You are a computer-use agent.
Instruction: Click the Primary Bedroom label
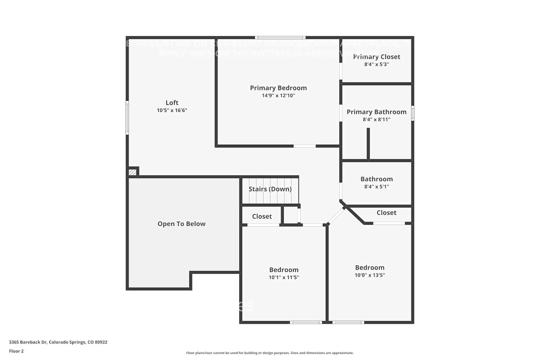pos(278,88)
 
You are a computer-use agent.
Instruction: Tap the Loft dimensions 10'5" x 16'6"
pos(172,111)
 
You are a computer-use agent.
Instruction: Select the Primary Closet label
pos(377,57)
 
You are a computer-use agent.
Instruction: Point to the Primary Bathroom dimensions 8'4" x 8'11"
pos(377,120)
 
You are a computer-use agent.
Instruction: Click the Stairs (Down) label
pos(270,189)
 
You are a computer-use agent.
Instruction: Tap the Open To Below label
pos(181,224)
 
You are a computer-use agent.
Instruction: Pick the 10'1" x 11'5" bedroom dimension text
pos(284,278)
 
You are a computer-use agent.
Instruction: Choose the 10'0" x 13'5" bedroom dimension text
pos(370,275)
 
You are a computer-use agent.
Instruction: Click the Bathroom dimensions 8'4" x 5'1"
pos(377,187)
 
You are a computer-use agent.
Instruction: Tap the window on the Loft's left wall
pos(127,118)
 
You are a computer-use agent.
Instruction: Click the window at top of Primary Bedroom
pos(280,37)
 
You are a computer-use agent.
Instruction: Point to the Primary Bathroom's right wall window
pos(413,113)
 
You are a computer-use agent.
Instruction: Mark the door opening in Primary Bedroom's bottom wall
pos(305,146)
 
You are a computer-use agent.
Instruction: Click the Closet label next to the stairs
pos(262,216)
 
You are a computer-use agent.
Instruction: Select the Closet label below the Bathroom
pos(386,213)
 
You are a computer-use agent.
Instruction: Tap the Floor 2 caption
pos(16,351)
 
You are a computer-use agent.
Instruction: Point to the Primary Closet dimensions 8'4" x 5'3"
pos(377,64)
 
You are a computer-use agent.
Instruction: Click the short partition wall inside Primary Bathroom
pos(368,143)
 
